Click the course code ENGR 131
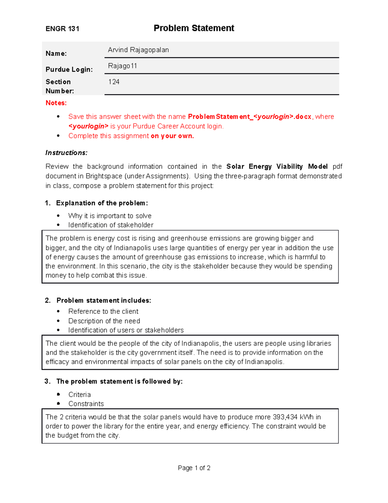tap(62, 29)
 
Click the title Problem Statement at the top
tap(194, 28)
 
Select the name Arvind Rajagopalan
tap(138, 50)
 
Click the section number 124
tap(113, 82)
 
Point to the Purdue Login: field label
tap(69, 70)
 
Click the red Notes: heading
tap(56, 103)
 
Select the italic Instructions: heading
tap(66, 153)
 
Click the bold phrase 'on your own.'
tap(172, 136)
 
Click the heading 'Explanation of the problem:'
tap(102, 203)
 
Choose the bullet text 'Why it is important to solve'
tap(110, 216)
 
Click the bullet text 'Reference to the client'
tap(103, 312)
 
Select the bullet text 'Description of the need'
tap(104, 321)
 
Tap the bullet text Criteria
tap(80, 395)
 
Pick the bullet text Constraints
tap(86, 404)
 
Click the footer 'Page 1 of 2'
tap(194, 468)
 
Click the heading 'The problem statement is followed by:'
tap(119, 382)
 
